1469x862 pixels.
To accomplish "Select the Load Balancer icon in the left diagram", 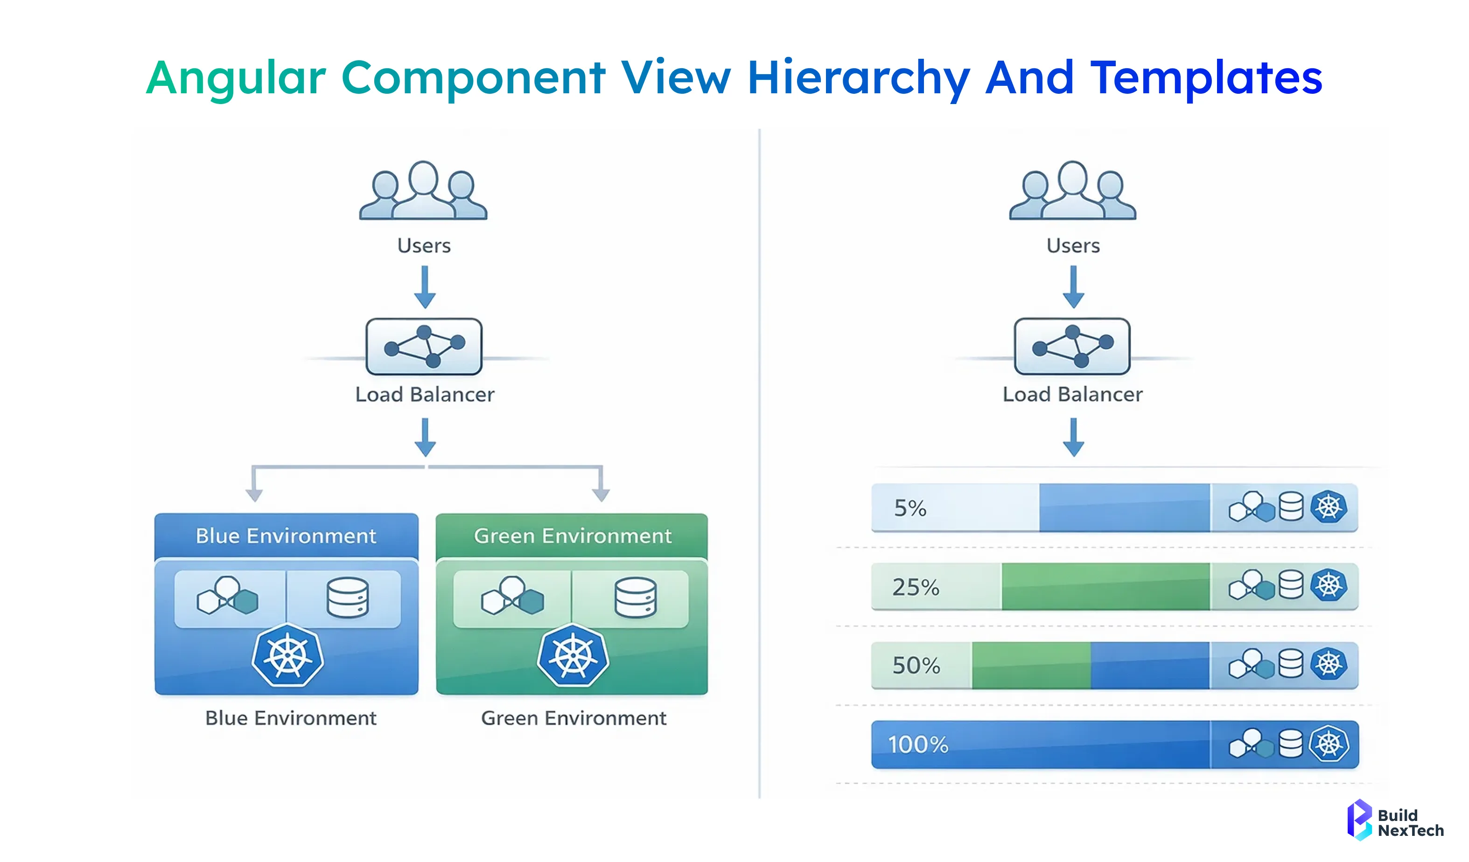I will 424,346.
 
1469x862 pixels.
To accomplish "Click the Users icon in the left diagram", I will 423,191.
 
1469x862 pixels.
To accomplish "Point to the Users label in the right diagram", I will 1073,245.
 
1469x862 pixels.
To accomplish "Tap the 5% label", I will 910,508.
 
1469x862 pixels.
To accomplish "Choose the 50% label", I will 916,666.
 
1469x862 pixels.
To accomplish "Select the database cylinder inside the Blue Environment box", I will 348,598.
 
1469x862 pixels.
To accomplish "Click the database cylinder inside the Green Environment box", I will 636,598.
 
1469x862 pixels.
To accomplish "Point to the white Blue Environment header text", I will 286,535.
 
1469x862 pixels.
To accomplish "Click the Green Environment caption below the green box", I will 573,718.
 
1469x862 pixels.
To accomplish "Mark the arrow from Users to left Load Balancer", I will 425,287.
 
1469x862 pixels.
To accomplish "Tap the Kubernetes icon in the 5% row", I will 1329,507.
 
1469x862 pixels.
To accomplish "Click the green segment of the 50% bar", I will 1031,666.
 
